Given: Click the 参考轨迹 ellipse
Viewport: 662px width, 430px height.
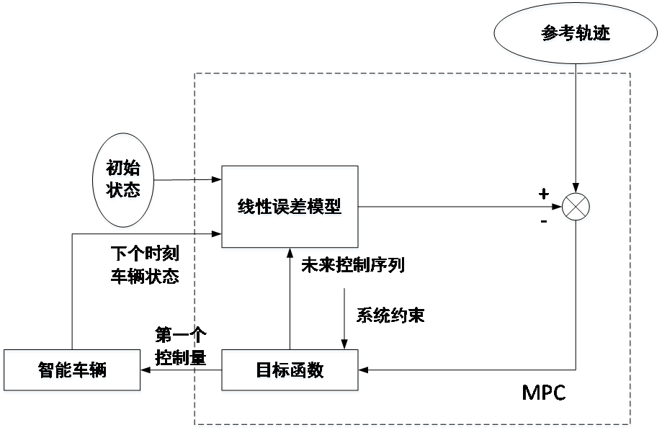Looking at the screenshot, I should coord(576,35).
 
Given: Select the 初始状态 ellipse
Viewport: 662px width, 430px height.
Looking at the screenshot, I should coord(123,181).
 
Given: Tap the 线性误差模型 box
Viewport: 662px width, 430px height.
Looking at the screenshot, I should coord(290,208).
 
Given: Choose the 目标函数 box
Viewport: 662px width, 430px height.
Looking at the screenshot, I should coord(290,372).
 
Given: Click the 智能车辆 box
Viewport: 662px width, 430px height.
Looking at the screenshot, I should coord(72,372).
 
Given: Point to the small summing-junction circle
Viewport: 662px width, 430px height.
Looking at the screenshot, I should coord(576,208).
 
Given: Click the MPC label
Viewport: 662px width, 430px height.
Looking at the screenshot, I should coord(545,393).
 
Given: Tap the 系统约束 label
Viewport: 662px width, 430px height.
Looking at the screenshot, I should coord(390,315).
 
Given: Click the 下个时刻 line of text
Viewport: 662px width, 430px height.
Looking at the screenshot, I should coord(145,254).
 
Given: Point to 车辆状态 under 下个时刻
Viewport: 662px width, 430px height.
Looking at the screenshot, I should coord(145,276).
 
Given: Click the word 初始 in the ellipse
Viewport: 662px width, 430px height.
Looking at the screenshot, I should coord(123,169).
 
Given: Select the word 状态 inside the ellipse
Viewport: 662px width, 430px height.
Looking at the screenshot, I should coord(123,192).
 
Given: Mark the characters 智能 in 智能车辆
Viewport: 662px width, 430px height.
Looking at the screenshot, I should coord(55,372).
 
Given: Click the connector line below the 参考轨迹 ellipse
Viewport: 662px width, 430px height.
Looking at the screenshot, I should coord(576,70).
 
